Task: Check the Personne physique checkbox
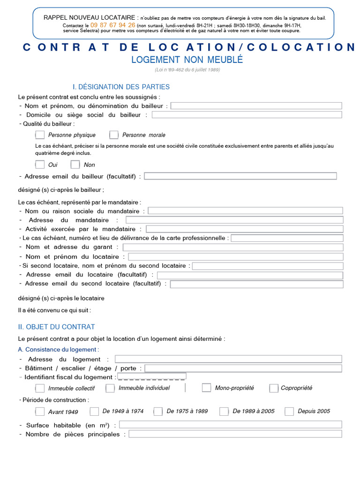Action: pyautogui.click(x=40, y=135)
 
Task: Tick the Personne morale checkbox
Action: pyautogui.click(x=114, y=135)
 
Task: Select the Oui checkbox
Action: pyautogui.click(x=40, y=165)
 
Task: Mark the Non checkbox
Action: pyautogui.click(x=75, y=165)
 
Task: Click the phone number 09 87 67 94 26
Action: pyautogui.click(x=112, y=25)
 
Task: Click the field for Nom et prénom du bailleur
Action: pyautogui.click(x=256, y=106)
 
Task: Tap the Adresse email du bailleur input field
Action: pyautogui.click(x=240, y=176)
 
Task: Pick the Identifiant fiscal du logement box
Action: pyautogui.click(x=151, y=376)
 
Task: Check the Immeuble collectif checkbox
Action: pyautogui.click(x=40, y=388)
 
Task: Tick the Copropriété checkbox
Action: pyautogui.click(x=274, y=388)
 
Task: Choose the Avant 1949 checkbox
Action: pyautogui.click(x=40, y=412)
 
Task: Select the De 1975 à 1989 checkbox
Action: pyautogui.click(x=158, y=412)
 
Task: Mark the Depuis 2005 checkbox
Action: pyautogui.click(x=289, y=412)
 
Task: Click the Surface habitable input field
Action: pyautogui.click(x=231, y=425)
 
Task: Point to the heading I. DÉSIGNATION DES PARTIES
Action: pyautogui.click(x=121, y=87)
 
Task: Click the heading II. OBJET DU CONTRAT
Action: pyautogui.click(x=56, y=327)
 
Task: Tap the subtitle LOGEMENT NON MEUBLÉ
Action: pyautogui.click(x=187, y=60)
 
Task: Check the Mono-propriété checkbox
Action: pyautogui.click(x=206, y=388)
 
